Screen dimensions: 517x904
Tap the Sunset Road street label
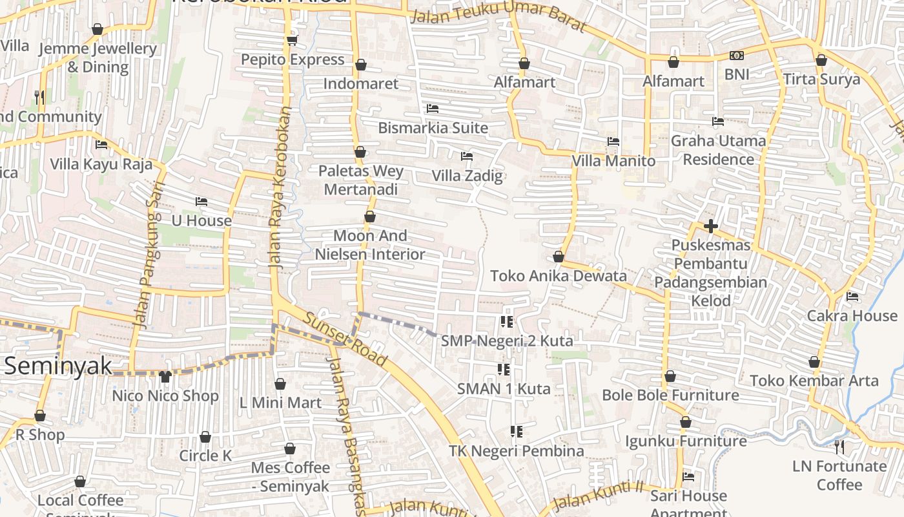pyautogui.click(x=345, y=339)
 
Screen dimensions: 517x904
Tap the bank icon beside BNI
pyautogui.click(x=737, y=56)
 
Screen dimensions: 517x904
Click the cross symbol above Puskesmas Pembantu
pyautogui.click(x=711, y=226)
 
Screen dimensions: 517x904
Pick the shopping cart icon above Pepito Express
pyautogui.click(x=292, y=41)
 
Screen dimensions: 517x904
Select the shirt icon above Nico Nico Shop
pyautogui.click(x=165, y=377)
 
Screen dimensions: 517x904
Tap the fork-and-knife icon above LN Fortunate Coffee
pyautogui.click(x=839, y=446)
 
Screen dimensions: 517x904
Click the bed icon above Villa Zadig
pyautogui.click(x=467, y=156)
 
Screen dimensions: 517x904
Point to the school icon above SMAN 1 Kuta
pyautogui.click(x=504, y=370)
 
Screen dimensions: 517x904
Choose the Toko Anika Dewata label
pyautogui.click(x=559, y=276)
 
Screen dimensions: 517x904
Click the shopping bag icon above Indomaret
pyautogui.click(x=361, y=65)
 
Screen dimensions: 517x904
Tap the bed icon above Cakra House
pyautogui.click(x=852, y=297)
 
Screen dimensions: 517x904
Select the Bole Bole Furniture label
pyautogui.click(x=670, y=395)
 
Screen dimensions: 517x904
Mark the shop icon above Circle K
pyautogui.click(x=205, y=438)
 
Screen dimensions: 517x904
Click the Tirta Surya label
pyautogui.click(x=821, y=79)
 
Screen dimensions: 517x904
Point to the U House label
pyautogui.click(x=201, y=220)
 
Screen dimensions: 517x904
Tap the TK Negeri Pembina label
pyautogui.click(x=517, y=451)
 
